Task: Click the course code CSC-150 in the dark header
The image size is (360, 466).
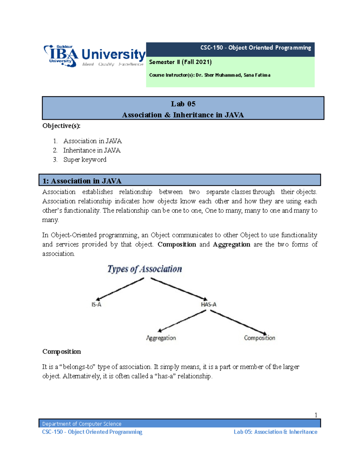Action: pos(211,48)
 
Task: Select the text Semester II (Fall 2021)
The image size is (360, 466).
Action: pos(180,62)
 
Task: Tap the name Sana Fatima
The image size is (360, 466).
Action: pos(257,75)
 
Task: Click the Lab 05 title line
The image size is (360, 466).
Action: pos(183,104)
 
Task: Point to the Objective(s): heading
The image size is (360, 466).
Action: pos(61,126)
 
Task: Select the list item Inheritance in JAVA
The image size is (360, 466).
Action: pos(92,150)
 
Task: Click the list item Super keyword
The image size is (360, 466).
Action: pos(85,160)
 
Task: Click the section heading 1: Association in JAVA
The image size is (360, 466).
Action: pos(82,181)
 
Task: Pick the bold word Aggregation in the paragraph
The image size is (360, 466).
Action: pos(231,244)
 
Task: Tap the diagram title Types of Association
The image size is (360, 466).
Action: pos(145,269)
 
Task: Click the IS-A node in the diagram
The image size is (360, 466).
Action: pos(96,305)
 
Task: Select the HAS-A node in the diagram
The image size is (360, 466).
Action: pos(208,305)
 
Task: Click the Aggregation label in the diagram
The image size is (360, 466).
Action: pos(161,338)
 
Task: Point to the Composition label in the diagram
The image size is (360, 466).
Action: pos(259,338)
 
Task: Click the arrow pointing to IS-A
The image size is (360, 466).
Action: pos(120,289)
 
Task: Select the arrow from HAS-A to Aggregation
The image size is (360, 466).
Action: pos(182,321)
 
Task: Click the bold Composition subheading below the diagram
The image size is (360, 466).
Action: pos(61,351)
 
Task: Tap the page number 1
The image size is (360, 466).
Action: pos(316,415)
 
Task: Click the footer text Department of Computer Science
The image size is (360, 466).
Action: pos(82,424)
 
